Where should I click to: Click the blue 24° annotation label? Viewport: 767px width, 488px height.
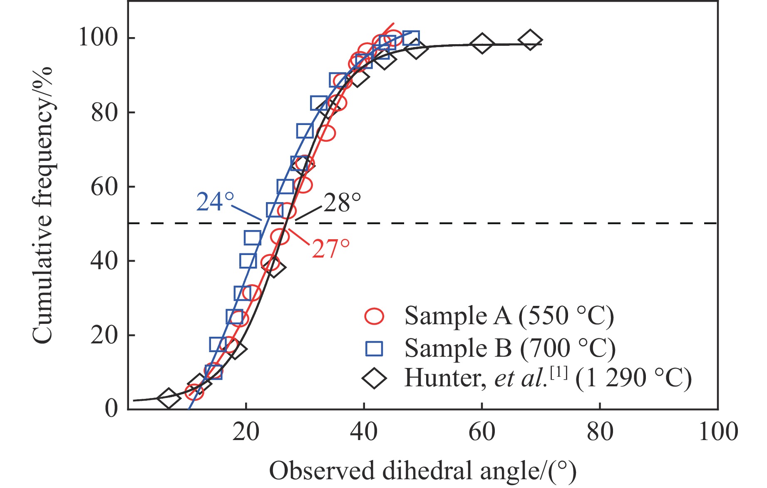coord(215,202)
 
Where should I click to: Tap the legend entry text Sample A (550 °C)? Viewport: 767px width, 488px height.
coord(509,316)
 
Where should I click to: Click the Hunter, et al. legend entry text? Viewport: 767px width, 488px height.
coord(548,378)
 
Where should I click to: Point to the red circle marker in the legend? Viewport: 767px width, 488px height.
coord(374,316)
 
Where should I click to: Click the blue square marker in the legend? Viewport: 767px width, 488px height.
coord(374,348)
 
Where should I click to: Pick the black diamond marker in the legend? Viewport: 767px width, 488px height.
coord(374,378)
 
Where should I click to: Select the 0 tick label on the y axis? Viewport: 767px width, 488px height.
coord(112,408)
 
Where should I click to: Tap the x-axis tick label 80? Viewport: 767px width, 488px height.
coord(600,432)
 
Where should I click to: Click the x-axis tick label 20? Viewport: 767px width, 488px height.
coord(246,432)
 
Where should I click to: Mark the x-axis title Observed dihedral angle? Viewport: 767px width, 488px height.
coord(423,471)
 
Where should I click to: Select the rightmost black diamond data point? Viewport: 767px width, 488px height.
coord(530,40)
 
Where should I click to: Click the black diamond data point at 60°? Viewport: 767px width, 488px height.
coord(482,43)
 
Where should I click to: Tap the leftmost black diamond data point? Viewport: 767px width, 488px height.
coord(168,398)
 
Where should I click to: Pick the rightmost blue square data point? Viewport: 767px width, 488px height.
coord(411,38)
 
